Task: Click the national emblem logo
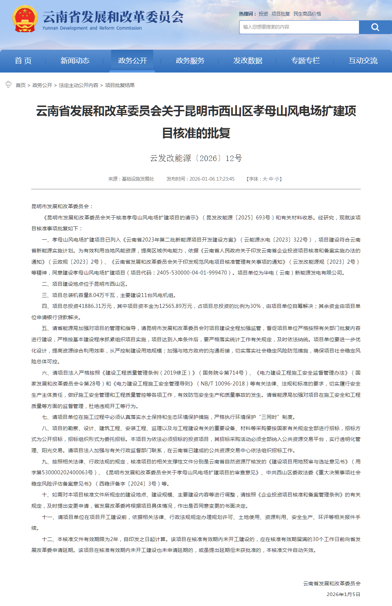coord(25,19)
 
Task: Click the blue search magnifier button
coord(375,27)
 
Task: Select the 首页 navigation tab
coord(23,61)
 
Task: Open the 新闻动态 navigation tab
coord(75,61)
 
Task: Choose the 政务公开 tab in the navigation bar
coord(132,61)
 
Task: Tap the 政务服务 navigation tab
coord(190,61)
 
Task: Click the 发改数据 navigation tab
coord(248,61)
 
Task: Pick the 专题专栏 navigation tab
coord(306,61)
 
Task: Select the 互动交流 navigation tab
coord(363,61)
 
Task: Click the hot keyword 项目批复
coord(281,14)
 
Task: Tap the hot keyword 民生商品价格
coord(307,14)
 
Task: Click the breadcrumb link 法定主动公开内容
coord(78,85)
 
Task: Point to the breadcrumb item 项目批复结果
coord(120,85)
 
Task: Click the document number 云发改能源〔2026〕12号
coord(196,158)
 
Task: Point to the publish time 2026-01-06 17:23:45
coord(212,179)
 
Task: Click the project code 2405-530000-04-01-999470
coord(192,273)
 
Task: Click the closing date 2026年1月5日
coord(343,594)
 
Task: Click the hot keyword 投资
coord(263,14)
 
